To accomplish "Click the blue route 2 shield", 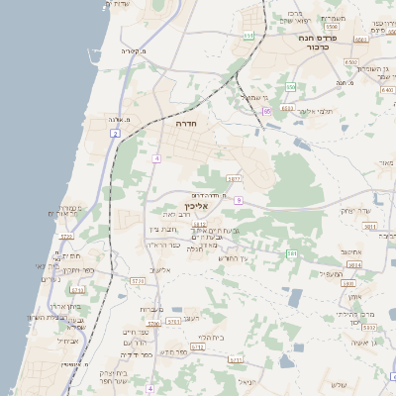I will click(x=116, y=132).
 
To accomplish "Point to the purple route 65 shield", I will click(x=267, y=111).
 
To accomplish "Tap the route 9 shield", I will click(x=239, y=201).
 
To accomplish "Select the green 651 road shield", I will click(x=247, y=36).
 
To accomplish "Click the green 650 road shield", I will click(x=290, y=87).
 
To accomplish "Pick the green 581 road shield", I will click(x=291, y=254).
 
